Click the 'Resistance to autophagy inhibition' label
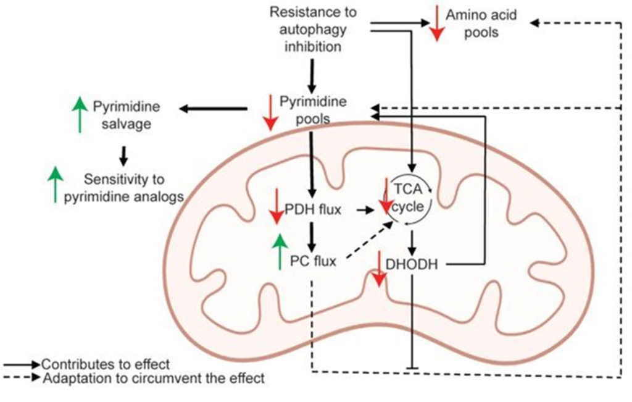point(312,28)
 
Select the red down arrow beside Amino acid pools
point(436,23)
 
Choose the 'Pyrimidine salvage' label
point(127,115)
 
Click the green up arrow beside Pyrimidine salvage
point(79,115)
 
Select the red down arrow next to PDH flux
point(275,209)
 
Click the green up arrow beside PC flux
point(280,252)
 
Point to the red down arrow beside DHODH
point(380,269)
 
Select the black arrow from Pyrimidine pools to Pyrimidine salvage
point(214,109)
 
